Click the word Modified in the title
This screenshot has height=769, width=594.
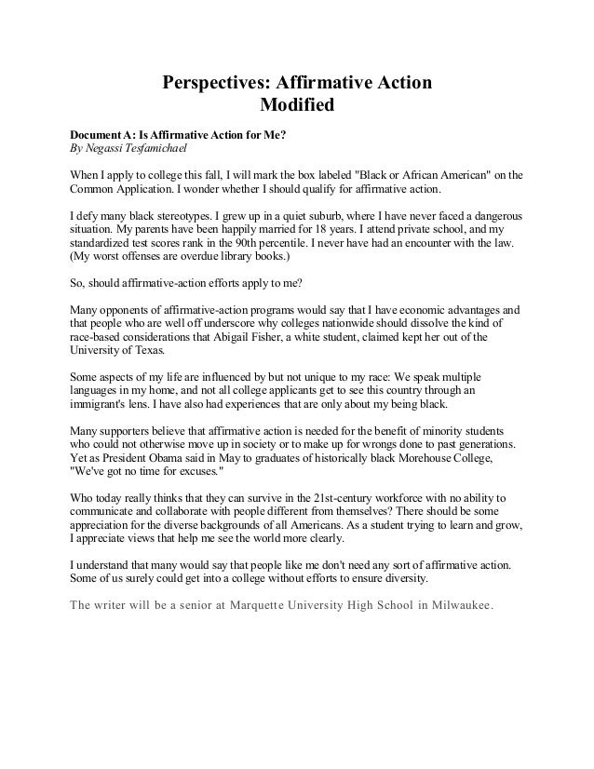(x=296, y=104)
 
